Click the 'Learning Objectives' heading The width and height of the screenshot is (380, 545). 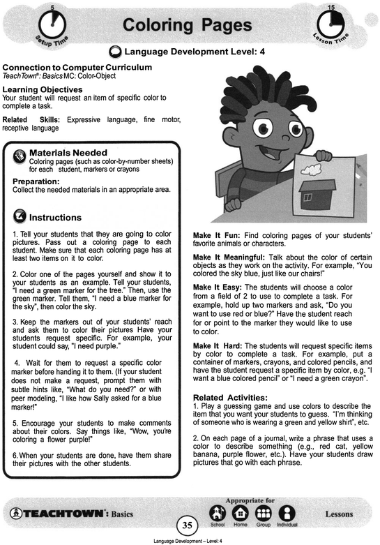tap(43, 90)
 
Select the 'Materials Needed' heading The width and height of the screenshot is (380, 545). tap(68, 152)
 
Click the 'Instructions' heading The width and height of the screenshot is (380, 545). tap(55, 217)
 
